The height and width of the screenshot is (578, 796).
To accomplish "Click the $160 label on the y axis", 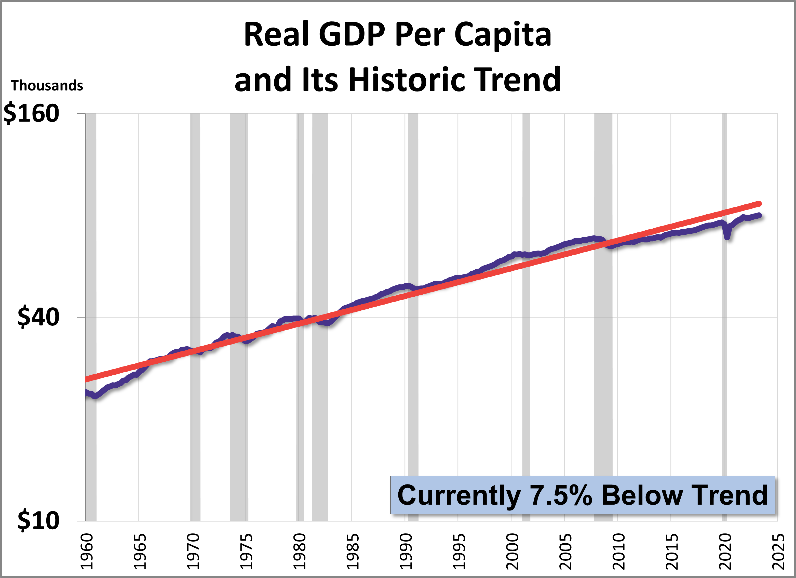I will [x=31, y=113].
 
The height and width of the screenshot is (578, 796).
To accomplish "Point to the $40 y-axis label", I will [x=38, y=317].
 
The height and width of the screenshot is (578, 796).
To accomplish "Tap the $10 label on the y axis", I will [x=38, y=520].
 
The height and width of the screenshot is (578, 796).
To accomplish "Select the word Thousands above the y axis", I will [x=47, y=86].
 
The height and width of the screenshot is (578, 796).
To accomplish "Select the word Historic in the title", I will [x=407, y=80].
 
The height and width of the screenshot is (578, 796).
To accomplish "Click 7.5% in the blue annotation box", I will [x=561, y=495].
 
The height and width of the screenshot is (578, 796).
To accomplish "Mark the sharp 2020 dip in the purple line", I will [x=727, y=237].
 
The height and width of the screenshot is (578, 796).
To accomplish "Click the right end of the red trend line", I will [x=759, y=204].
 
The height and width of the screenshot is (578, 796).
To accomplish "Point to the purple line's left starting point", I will [x=86, y=392].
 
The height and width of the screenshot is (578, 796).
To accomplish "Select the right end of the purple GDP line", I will [x=759, y=215].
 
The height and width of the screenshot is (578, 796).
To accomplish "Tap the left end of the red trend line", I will [x=86, y=379].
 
